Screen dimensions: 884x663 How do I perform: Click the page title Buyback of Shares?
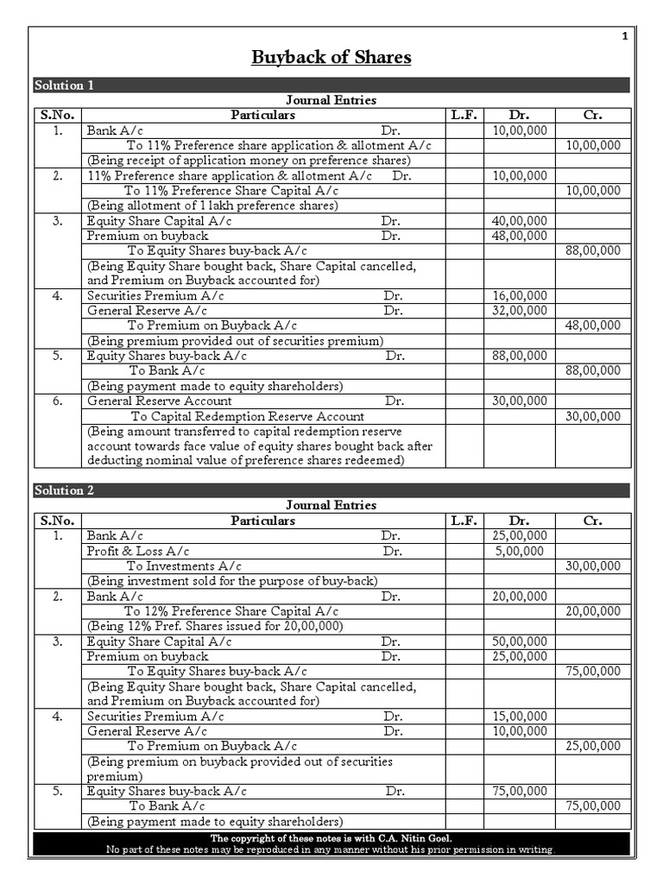coord(331,58)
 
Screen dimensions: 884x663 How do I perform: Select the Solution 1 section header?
coord(64,85)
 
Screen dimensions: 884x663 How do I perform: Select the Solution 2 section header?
coord(64,490)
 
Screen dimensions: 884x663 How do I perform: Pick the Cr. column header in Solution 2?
coord(592,521)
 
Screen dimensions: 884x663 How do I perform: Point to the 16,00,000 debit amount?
coord(519,295)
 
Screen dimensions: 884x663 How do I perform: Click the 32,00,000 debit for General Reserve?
coord(519,311)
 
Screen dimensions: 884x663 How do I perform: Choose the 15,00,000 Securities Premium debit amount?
coord(519,716)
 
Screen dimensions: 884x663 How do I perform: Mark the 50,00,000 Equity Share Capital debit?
coord(519,641)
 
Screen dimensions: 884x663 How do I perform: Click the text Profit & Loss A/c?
coord(138,551)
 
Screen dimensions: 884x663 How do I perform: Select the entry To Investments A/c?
coord(184,566)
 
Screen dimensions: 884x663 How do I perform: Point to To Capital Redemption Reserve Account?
coord(247,416)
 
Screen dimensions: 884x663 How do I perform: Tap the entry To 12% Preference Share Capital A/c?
coord(232,611)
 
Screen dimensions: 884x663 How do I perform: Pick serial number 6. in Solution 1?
coord(58,401)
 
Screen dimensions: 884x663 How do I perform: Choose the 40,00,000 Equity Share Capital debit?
coord(519,221)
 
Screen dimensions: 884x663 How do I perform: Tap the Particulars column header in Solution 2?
coord(262,521)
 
